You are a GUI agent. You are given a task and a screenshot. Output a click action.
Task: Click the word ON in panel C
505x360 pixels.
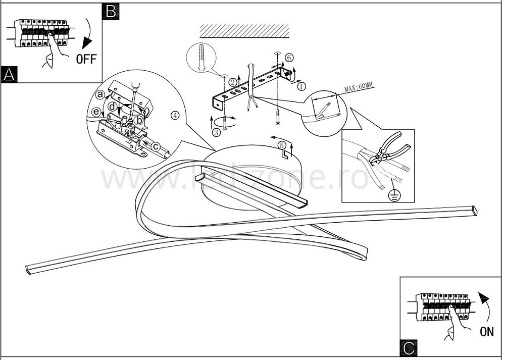click(x=487, y=331)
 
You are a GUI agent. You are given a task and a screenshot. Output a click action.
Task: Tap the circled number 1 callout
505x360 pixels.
click(x=302, y=86)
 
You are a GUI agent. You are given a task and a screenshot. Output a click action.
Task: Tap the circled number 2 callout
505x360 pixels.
click(x=233, y=81)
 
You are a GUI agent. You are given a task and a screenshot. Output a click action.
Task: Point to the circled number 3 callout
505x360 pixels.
click(x=216, y=133)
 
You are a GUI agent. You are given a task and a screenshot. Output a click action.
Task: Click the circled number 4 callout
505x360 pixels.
click(x=175, y=115)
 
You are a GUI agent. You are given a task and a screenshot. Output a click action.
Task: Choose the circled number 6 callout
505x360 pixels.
click(x=288, y=58)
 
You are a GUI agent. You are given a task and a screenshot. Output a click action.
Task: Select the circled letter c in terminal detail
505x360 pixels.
click(x=156, y=146)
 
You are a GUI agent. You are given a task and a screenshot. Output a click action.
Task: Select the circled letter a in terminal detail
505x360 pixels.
click(x=100, y=94)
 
